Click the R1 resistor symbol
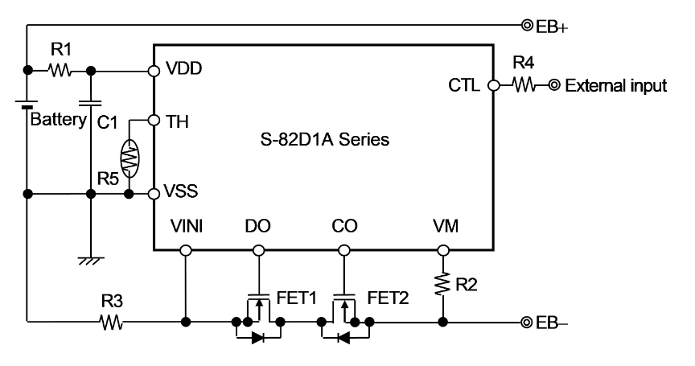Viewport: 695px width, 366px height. tap(60, 70)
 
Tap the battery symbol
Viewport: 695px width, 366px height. tap(27, 104)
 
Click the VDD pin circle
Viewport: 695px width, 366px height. tap(154, 70)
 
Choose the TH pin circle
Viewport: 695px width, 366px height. tap(154, 120)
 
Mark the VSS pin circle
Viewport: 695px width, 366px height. tap(154, 193)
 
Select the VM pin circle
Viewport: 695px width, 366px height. tap(442, 250)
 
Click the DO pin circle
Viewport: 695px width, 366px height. tap(259, 250)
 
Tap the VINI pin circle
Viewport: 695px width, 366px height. tap(186, 250)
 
